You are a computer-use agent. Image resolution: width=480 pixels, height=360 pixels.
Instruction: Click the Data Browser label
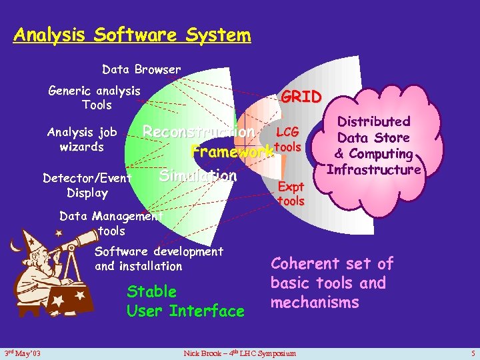141,69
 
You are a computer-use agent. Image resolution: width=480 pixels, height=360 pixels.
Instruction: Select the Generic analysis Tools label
95,98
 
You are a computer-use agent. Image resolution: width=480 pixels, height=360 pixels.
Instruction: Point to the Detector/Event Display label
87,185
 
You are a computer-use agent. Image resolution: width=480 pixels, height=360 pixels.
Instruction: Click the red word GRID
301,97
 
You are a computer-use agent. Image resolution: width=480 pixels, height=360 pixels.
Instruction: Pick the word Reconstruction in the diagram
199,132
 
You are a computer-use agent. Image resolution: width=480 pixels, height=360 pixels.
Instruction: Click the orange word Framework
232,151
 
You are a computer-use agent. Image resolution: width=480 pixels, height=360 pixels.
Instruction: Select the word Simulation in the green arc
198,176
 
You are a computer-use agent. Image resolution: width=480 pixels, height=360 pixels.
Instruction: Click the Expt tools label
291,194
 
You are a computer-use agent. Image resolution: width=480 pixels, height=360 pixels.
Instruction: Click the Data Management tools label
111,223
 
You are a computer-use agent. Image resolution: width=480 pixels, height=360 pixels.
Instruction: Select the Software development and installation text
159,259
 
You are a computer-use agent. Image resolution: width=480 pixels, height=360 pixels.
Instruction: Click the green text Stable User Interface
185,301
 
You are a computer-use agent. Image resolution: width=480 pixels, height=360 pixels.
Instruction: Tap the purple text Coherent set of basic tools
332,283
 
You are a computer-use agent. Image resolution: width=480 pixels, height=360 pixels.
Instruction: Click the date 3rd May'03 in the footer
23,352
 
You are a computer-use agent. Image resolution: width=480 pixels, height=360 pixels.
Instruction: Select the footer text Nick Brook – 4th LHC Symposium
239,352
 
